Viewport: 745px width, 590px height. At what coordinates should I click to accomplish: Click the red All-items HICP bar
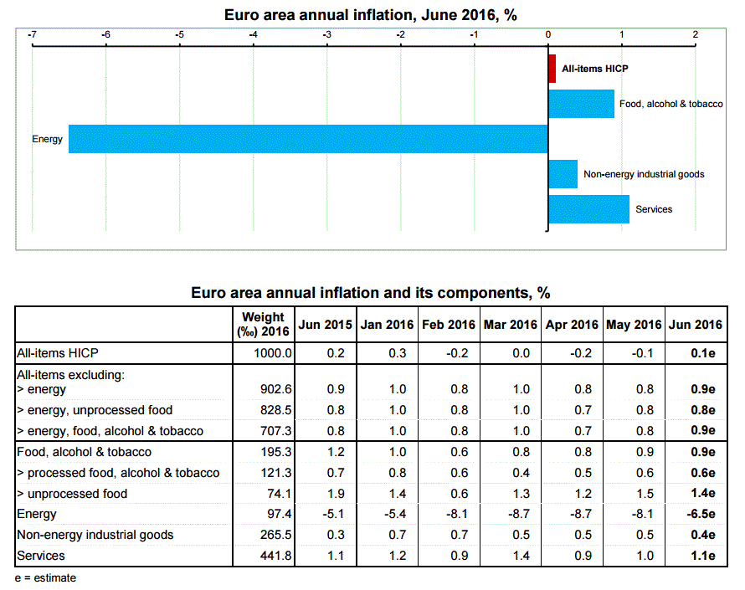click(x=552, y=69)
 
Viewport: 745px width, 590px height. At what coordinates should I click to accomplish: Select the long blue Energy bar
click(x=308, y=139)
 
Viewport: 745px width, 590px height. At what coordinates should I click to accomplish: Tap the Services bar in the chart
click(x=588, y=209)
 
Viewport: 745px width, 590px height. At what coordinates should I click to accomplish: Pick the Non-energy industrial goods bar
click(x=563, y=174)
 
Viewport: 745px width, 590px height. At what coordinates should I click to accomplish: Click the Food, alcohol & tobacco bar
click(x=581, y=104)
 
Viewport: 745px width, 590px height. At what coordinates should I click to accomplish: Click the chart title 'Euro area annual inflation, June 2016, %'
click(x=371, y=14)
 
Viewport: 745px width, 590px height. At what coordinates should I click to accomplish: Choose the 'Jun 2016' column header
click(x=696, y=325)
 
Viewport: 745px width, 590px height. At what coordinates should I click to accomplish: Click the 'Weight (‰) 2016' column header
click(x=263, y=324)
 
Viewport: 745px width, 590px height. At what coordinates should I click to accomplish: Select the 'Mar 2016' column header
click(x=510, y=325)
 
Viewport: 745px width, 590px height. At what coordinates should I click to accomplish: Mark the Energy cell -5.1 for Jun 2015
click(x=326, y=514)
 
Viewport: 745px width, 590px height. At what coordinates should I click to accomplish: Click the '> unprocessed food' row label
click(x=72, y=494)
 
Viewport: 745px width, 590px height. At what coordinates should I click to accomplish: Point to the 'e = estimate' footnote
click(x=45, y=577)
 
